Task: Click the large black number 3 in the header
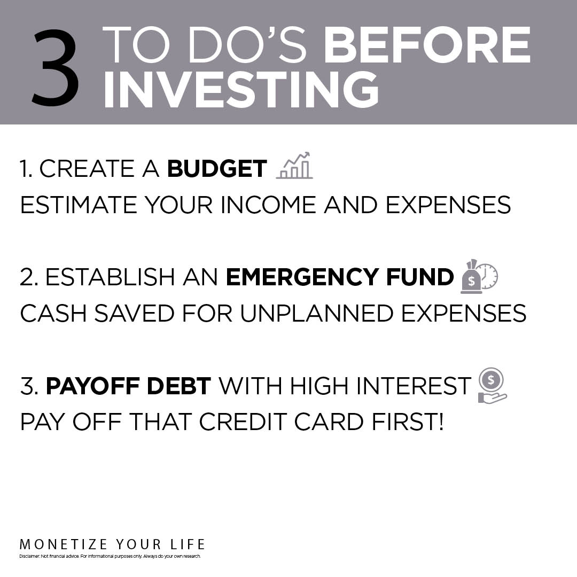[x=55, y=68]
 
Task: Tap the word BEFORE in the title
[x=427, y=45]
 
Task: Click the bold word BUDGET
[x=217, y=168]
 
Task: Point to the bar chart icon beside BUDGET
[x=294, y=166]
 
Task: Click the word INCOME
[x=268, y=205]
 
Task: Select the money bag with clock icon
[x=479, y=277]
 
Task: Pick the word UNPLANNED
[x=316, y=313]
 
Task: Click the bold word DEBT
[x=179, y=386]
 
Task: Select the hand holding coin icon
[x=492, y=386]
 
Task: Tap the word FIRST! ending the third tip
[x=408, y=422]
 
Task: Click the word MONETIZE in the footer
[x=63, y=544]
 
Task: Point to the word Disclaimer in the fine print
[x=29, y=556]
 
